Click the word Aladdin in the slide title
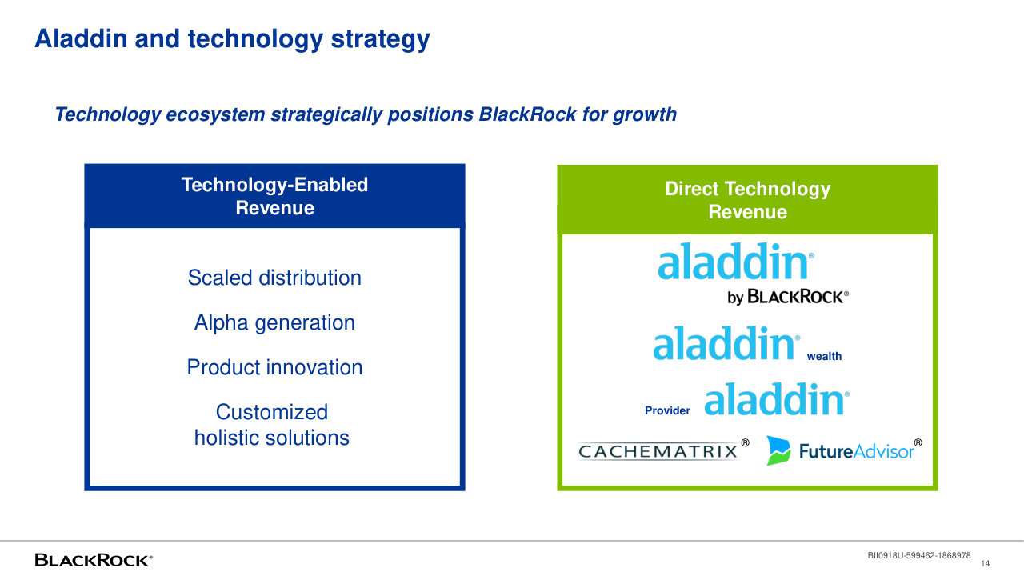81,38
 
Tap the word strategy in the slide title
380,40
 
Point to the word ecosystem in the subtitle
215,115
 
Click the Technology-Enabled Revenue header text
274,196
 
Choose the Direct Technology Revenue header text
748,200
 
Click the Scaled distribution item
274,278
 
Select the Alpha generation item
274,322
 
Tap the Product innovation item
274,367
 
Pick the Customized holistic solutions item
272,425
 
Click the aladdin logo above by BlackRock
736,261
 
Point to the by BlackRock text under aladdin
788,297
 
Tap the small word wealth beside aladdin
824,356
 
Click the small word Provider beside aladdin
667,410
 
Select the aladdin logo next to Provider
777,399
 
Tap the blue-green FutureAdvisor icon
778,450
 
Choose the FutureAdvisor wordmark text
860,451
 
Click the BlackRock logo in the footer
94,560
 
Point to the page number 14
985,564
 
